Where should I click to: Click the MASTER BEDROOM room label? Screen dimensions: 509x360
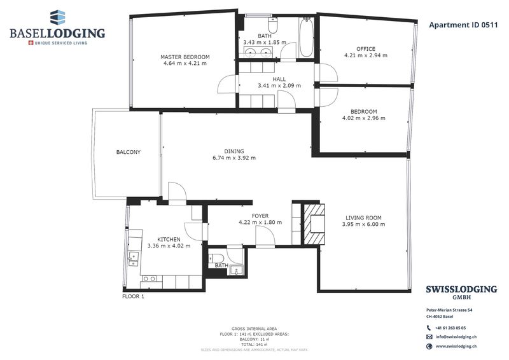pos(185,57)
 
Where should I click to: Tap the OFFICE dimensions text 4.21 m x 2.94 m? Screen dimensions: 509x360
pos(366,55)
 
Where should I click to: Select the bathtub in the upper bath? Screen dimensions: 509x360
pos(306,38)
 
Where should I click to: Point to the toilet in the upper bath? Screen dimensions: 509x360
pos(273,25)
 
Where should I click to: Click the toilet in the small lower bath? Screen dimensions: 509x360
pos(216,258)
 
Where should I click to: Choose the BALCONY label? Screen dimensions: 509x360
pos(129,152)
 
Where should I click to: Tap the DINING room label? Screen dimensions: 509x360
pos(234,151)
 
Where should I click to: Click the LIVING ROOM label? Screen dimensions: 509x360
pos(363,218)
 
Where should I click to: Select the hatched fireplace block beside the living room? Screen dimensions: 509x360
pos(314,224)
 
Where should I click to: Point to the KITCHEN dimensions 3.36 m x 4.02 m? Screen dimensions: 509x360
pos(169,246)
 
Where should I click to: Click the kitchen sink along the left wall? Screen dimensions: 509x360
pos(134,259)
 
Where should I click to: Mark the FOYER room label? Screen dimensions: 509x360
pos(260,216)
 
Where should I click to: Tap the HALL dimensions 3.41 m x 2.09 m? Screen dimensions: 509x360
pos(279,86)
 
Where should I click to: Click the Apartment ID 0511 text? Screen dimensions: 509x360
pos(463,25)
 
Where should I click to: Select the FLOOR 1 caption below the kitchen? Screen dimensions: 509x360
pos(133,296)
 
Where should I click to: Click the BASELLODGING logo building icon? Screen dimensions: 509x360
pos(57,17)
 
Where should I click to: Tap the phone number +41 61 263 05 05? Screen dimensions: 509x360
pos(450,328)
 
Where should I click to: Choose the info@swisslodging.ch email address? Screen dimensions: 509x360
pos(456,337)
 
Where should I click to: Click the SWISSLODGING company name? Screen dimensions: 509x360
pos(461,289)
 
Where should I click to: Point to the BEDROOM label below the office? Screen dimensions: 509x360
pos(363,112)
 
